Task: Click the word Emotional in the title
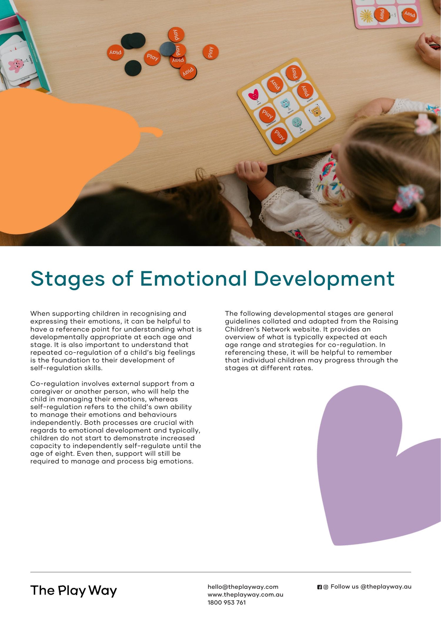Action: point(193,279)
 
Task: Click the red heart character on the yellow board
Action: point(253,95)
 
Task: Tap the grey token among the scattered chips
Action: point(168,49)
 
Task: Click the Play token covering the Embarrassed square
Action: point(267,114)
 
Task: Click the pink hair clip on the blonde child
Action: point(425,124)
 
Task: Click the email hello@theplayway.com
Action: point(243,587)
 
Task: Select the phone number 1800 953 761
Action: point(226,603)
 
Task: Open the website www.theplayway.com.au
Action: point(245,595)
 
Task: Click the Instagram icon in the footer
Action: point(326,587)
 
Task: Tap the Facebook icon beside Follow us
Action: point(320,587)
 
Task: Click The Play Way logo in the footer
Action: point(73,591)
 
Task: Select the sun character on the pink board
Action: point(366,16)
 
